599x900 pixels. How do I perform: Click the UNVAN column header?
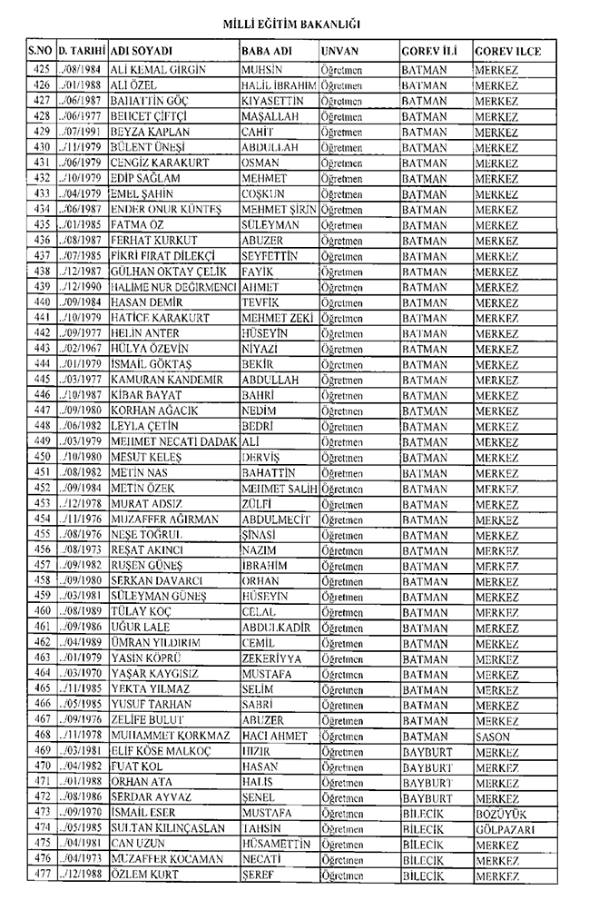(342, 52)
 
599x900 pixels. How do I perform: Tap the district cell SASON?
(493, 735)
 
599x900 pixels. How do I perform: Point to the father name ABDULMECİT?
(276, 519)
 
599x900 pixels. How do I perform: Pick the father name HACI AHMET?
(275, 735)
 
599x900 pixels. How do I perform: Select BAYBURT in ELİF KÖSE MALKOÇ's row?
(427, 750)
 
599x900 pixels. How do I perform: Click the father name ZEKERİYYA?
(273, 658)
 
